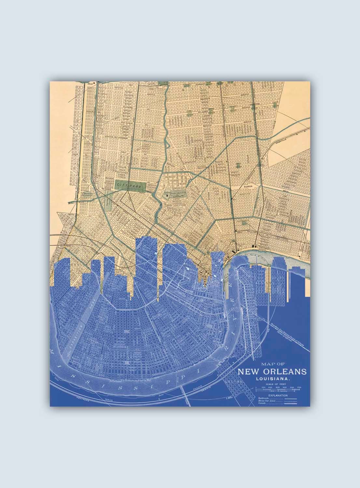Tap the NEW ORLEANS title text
point(272,372)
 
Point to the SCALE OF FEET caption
point(274,384)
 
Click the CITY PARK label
point(122,184)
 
